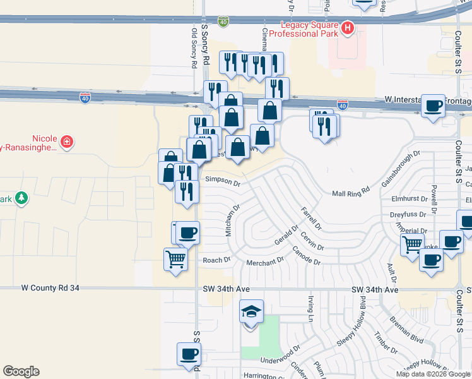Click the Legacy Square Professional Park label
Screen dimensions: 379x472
(x=304, y=28)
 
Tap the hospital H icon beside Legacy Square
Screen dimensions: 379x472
(x=347, y=28)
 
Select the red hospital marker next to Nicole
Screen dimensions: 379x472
(x=66, y=142)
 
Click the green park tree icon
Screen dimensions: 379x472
(x=22, y=198)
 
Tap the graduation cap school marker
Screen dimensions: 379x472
(x=251, y=311)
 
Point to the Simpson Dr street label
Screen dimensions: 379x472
(x=223, y=183)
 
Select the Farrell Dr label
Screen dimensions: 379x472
(x=311, y=218)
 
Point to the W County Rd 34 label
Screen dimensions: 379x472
(x=50, y=288)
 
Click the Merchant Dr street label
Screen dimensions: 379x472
(x=265, y=262)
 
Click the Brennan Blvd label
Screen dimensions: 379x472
(x=407, y=330)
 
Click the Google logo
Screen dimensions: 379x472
(x=21, y=371)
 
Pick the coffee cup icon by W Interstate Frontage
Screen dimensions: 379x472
(x=433, y=106)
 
